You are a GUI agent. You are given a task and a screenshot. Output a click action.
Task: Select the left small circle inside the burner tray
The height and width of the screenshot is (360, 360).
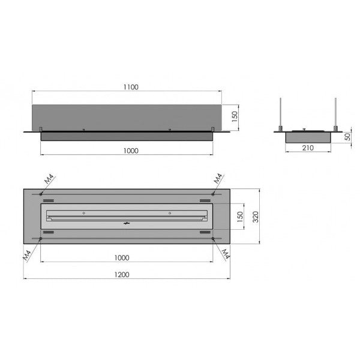point(84,212)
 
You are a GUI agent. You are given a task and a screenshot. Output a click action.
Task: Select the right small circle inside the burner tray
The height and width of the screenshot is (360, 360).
point(170,212)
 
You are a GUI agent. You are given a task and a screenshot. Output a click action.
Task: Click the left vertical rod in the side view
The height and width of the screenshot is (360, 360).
point(281,112)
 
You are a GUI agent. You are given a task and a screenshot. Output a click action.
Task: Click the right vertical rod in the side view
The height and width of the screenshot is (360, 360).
point(337,112)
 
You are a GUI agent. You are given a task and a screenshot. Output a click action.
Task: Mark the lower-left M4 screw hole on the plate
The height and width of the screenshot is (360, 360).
point(40,239)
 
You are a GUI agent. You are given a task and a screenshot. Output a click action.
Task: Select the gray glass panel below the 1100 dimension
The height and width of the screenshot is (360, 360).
point(126,117)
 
